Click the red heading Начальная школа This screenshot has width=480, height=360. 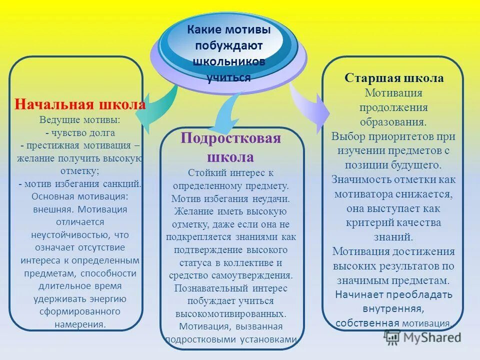coord(80,105)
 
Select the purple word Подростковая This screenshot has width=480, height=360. coord(231,138)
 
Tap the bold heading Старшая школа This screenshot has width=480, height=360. coord(394,78)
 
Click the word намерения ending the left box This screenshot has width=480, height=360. coord(80,324)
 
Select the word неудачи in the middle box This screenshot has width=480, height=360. coord(272,198)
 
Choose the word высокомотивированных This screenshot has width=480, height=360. coord(230,314)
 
